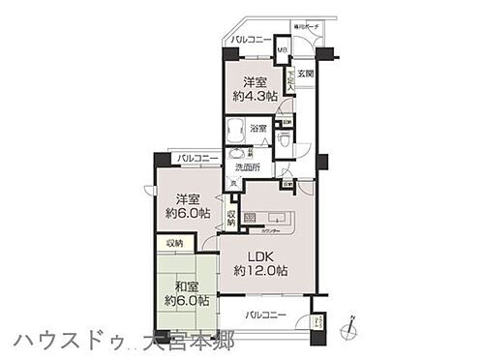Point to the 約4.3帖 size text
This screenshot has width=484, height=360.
coord(251,97)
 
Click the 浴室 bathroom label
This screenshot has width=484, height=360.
coord(257,127)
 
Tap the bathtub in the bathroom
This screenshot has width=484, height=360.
coord(236,130)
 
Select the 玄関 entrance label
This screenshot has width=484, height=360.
coord(304,74)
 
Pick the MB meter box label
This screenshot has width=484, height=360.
coord(283,50)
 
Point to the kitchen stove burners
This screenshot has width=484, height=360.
coord(250,218)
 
